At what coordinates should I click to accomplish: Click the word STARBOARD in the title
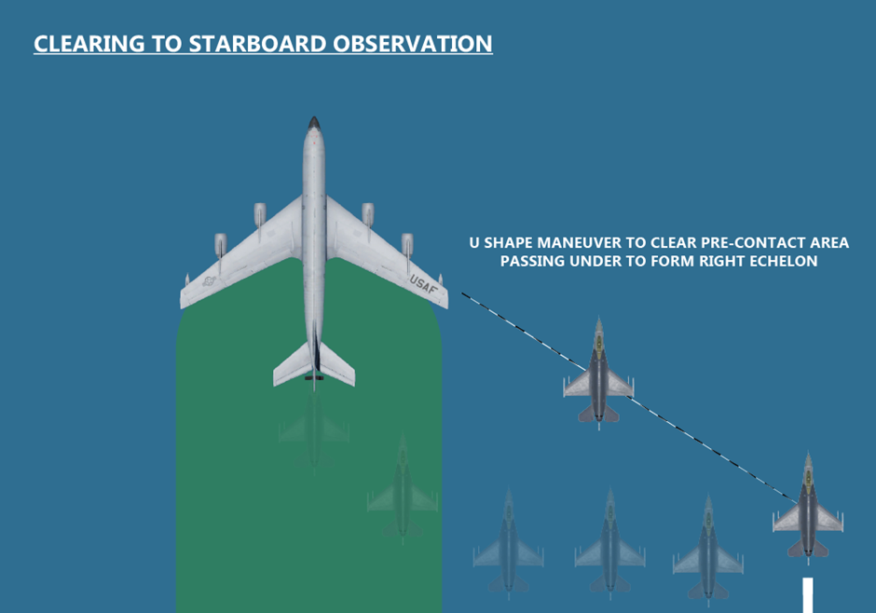tap(257, 44)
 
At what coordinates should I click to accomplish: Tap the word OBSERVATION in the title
tap(412, 44)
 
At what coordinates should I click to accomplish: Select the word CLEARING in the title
tap(89, 44)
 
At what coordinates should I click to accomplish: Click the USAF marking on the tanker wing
tap(423, 284)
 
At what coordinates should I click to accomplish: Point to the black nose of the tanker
tap(314, 123)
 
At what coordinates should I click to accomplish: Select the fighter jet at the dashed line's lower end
tap(808, 507)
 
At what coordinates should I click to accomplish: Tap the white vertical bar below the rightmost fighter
tap(808, 595)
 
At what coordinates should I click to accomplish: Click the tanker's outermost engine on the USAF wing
tap(407, 247)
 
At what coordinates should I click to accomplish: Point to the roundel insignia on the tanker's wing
tap(209, 280)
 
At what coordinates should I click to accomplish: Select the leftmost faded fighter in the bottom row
tap(509, 544)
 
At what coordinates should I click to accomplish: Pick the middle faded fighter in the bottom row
tap(610, 544)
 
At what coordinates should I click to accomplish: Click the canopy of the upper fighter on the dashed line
tap(599, 342)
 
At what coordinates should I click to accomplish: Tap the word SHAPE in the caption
tap(508, 243)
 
